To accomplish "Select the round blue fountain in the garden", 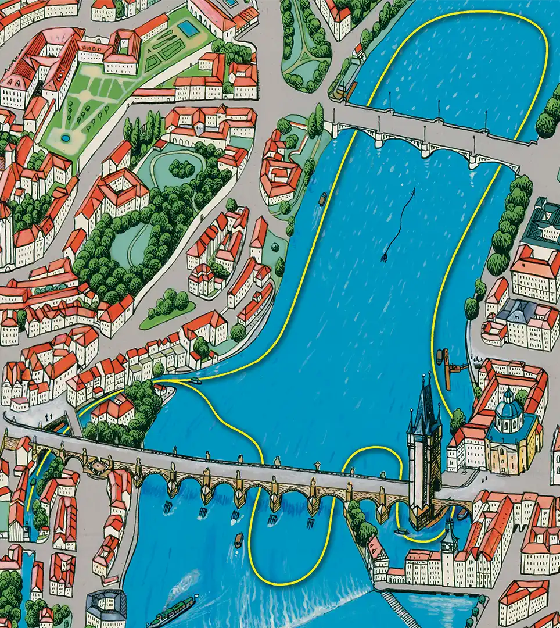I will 66,138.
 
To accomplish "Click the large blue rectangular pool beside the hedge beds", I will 187,28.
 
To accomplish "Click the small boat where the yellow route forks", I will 196,381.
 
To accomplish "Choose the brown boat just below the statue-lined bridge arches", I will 238,540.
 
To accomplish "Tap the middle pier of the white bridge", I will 426,148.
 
